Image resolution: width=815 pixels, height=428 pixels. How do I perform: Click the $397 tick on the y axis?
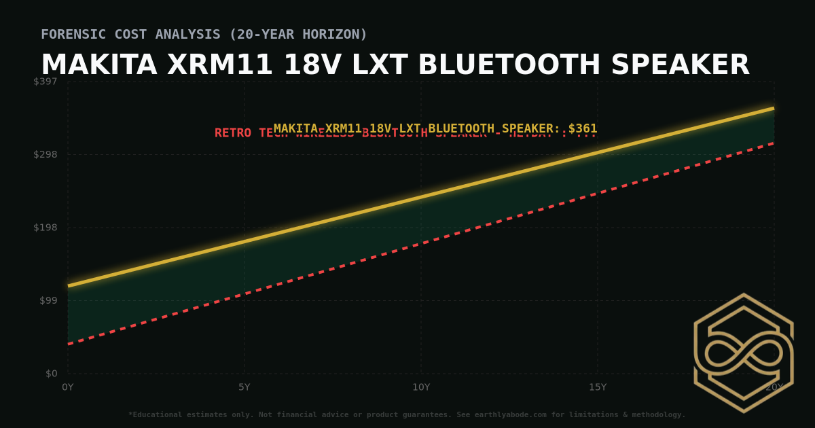[x=46, y=82]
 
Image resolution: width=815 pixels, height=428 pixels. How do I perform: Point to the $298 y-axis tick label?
[x=46, y=154]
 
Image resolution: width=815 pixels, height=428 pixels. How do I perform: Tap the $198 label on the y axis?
[x=46, y=228]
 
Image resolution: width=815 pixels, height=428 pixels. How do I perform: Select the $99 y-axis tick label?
[x=49, y=300]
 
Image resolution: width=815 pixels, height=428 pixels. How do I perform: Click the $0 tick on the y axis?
[x=52, y=374]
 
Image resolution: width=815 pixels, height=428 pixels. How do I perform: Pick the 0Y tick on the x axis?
[x=68, y=387]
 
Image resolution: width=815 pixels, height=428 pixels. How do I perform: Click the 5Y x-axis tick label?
[x=244, y=387]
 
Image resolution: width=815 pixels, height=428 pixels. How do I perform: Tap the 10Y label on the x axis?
[x=421, y=387]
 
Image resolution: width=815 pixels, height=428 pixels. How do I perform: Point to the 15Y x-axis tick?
[x=598, y=387]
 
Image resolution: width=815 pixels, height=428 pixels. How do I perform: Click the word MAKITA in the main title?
[x=99, y=65]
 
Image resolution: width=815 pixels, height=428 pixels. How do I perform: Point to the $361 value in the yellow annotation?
[x=583, y=128]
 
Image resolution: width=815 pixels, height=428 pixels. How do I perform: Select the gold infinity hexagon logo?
[x=743, y=353]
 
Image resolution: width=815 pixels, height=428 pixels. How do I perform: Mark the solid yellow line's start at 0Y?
[x=69, y=285]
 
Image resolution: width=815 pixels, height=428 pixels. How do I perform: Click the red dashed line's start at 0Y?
[x=69, y=344]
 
